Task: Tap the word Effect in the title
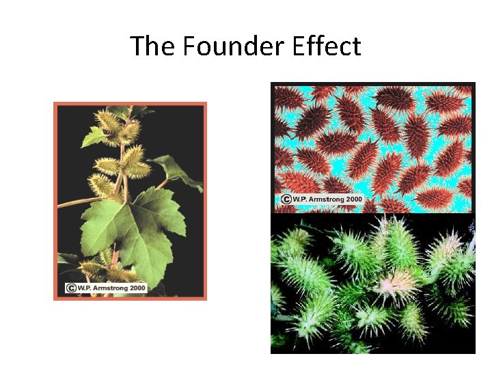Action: tap(330, 46)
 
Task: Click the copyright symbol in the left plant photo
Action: tap(71, 288)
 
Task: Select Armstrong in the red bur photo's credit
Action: tap(326, 200)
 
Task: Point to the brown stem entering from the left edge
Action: tap(75, 202)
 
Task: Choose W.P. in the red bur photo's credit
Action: tap(301, 200)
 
